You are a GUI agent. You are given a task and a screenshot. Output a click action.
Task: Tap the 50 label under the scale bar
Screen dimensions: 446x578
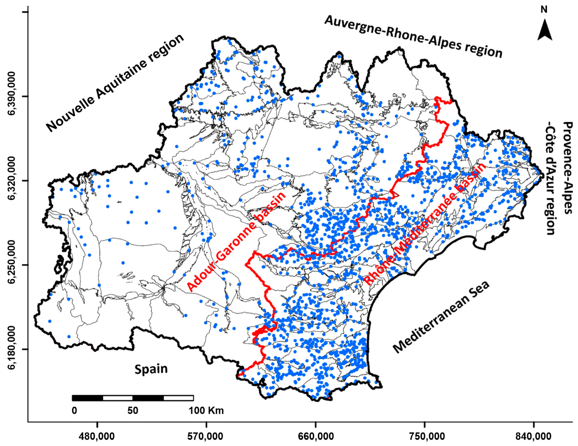pos(133,411)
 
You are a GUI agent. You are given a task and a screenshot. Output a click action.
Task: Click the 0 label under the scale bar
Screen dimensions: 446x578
pos(74,411)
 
